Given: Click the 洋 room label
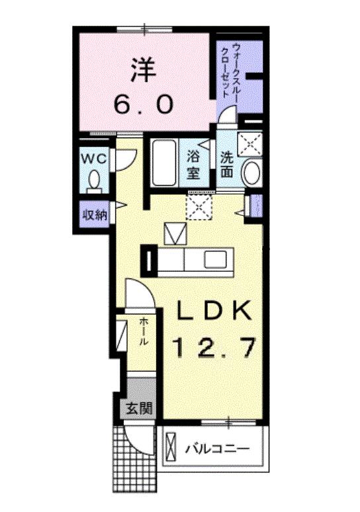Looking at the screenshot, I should pyautogui.click(x=143, y=70).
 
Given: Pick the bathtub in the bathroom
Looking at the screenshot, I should pyautogui.click(x=163, y=164).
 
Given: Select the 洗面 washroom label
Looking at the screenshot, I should pyautogui.click(x=227, y=165).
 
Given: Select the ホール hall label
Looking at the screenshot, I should pyautogui.click(x=143, y=333).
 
